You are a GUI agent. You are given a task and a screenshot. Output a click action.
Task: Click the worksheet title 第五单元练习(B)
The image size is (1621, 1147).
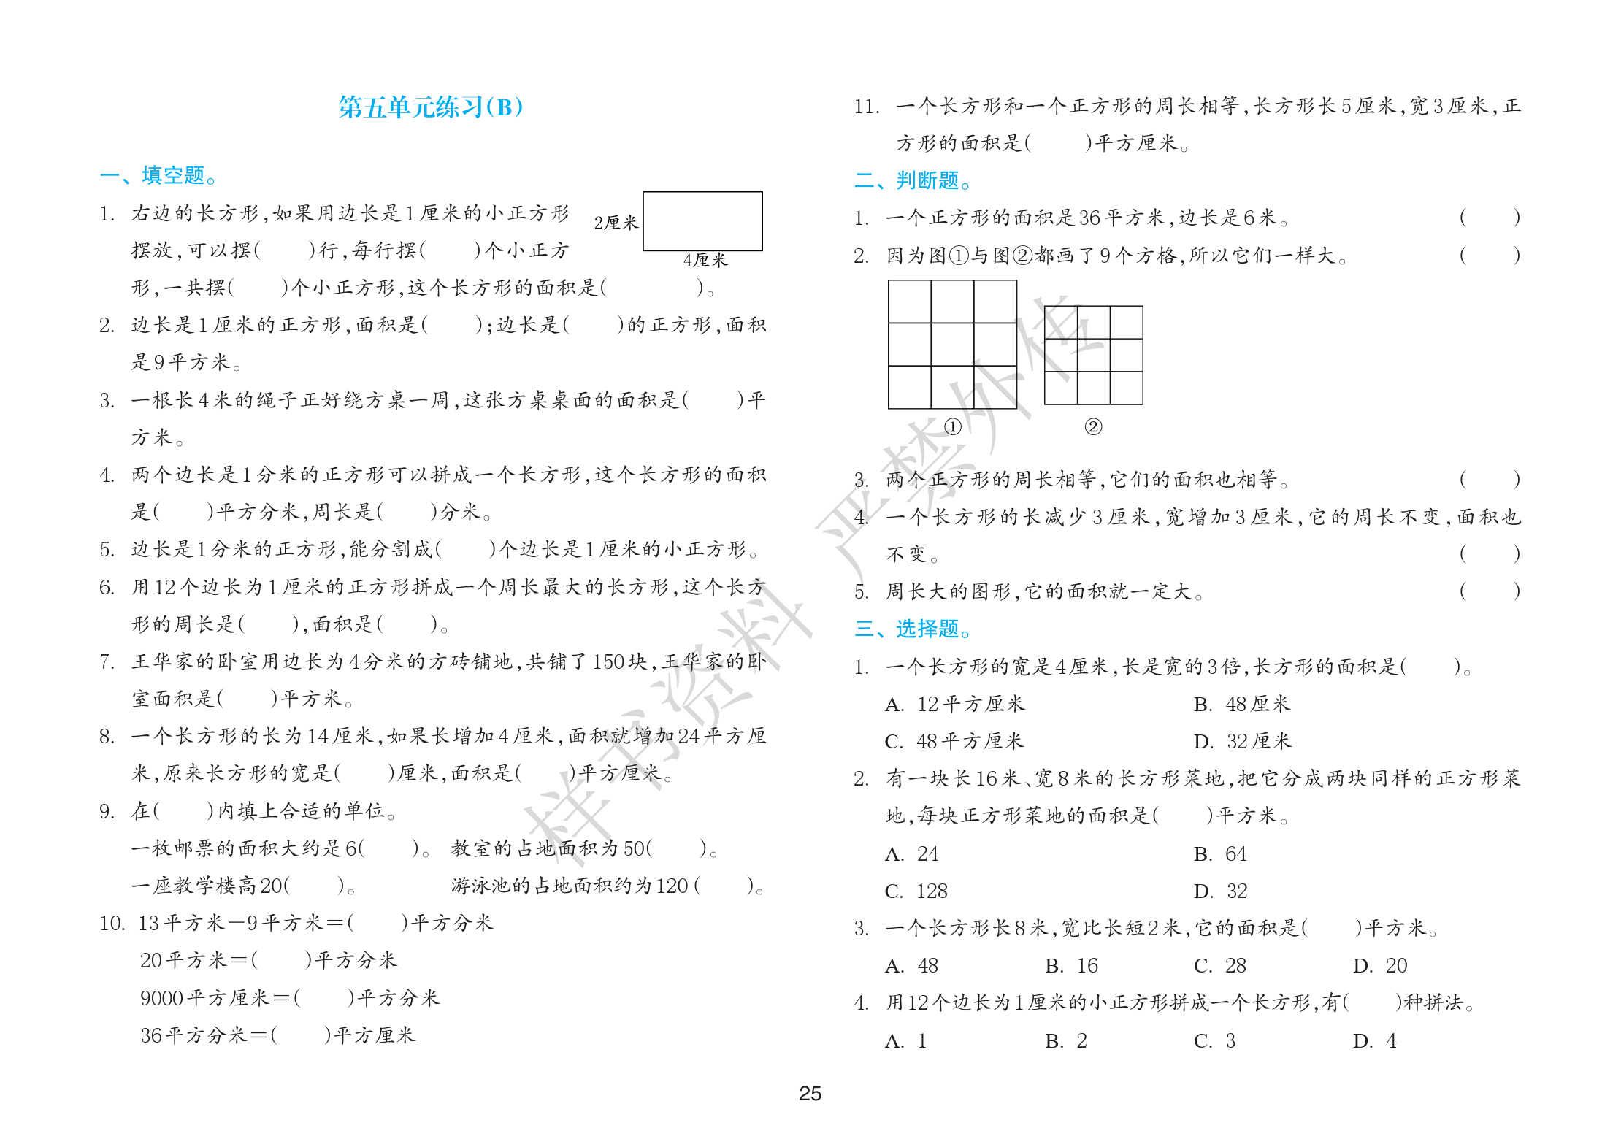pyautogui.click(x=430, y=107)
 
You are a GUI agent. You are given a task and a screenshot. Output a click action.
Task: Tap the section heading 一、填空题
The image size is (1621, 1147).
pyautogui.click(x=158, y=176)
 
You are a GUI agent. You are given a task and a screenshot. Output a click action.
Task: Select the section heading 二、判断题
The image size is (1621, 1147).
pyautogui.click(x=912, y=180)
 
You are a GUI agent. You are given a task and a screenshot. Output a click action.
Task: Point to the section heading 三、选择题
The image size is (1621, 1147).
pyautogui.click(x=912, y=629)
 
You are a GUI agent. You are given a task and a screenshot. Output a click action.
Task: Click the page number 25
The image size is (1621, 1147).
pyautogui.click(x=810, y=1094)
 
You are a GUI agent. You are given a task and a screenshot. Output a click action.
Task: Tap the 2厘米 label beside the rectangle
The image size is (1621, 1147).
pyautogui.click(x=616, y=223)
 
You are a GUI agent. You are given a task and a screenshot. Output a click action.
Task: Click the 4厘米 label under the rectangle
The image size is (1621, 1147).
pyautogui.click(x=705, y=261)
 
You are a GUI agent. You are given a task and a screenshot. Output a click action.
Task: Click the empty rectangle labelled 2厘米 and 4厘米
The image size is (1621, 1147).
pyautogui.click(x=702, y=221)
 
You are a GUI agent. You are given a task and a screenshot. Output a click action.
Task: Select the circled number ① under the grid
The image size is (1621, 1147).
pyautogui.click(x=952, y=427)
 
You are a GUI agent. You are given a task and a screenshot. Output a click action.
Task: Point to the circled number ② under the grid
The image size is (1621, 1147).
pyautogui.click(x=1092, y=427)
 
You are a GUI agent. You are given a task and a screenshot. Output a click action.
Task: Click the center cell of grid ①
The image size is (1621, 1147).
pyautogui.click(x=952, y=344)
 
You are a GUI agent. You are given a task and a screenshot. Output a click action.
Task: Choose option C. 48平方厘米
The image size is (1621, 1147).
pyautogui.click(x=954, y=742)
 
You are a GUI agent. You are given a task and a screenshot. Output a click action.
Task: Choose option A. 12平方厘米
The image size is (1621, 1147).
pyautogui.click(x=954, y=705)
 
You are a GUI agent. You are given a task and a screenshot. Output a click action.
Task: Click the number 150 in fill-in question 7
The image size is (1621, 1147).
pyautogui.click(x=608, y=662)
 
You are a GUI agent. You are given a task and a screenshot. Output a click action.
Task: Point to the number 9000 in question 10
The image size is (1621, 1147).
pyautogui.click(x=161, y=998)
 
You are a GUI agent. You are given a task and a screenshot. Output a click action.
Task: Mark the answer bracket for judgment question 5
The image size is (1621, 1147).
pyautogui.click(x=1490, y=591)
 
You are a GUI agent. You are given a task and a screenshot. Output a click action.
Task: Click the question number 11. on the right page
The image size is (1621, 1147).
pyautogui.click(x=866, y=107)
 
